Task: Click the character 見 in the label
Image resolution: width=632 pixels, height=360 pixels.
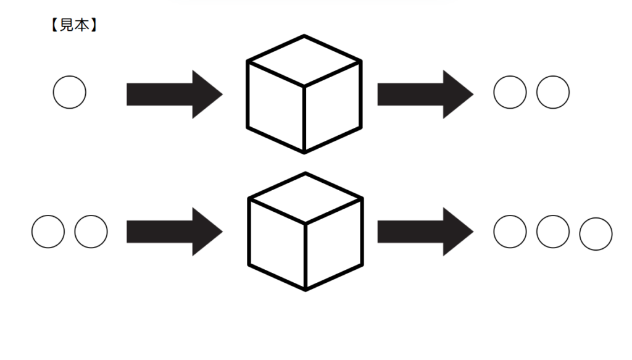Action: (67, 25)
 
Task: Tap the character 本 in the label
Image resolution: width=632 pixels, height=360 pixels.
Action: (82, 25)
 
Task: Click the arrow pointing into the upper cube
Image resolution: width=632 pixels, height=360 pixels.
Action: (175, 94)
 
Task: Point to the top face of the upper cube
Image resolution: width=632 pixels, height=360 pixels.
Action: (304, 61)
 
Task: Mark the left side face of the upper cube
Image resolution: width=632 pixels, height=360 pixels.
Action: (276, 107)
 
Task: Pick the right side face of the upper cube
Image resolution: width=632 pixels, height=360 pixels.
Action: (333, 107)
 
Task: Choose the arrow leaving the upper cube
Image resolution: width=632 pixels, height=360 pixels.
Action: (425, 94)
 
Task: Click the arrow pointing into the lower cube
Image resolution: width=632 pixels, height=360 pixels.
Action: (175, 232)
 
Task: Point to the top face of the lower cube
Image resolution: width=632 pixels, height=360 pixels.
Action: (306, 198)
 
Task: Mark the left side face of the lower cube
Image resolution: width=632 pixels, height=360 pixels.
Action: (277, 245)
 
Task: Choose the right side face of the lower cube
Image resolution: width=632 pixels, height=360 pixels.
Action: (334, 245)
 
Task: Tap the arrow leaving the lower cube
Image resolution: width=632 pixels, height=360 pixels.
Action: (425, 232)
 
